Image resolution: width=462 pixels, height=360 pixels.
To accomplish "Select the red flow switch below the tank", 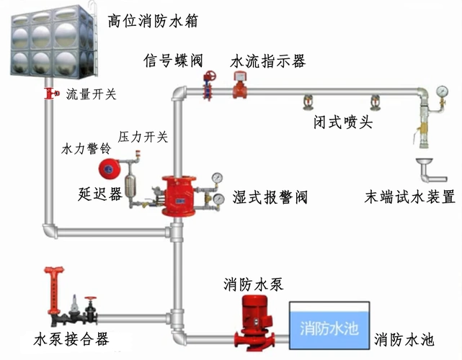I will point(50,93).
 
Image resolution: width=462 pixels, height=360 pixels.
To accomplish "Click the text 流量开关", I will point(91,94).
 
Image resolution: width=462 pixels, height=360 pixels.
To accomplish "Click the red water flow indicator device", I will point(239,88).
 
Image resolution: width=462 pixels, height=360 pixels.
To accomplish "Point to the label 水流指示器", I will point(267,61).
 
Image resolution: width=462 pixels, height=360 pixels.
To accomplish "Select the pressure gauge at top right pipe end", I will point(440,92).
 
